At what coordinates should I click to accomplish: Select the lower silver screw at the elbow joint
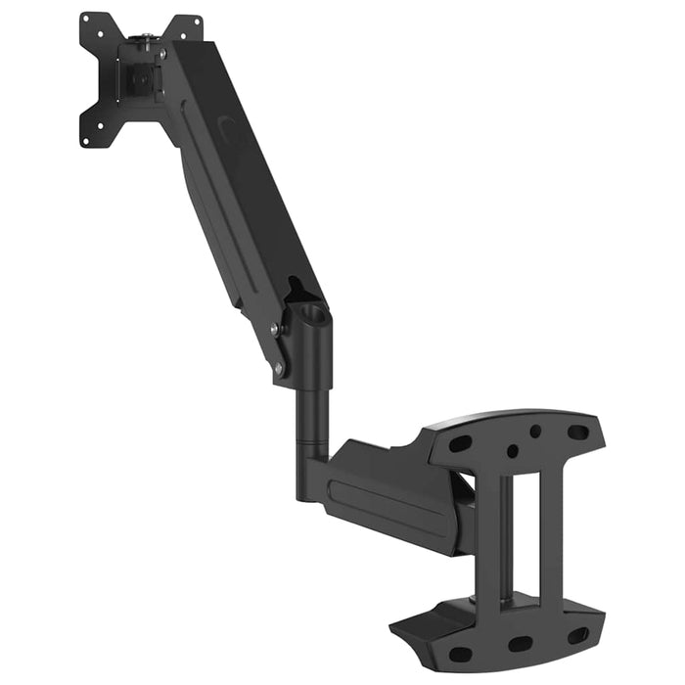(279, 368)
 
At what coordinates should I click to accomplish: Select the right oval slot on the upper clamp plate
(577, 432)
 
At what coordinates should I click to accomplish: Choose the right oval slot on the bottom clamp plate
(578, 635)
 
